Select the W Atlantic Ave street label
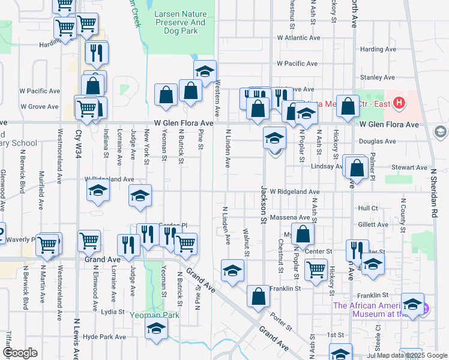(x=298, y=37)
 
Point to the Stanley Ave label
(x=377, y=77)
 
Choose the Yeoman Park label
(x=154, y=314)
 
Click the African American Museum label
(x=372, y=309)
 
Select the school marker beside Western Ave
(x=205, y=71)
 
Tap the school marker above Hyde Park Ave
(x=156, y=329)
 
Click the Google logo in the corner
(x=20, y=353)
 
